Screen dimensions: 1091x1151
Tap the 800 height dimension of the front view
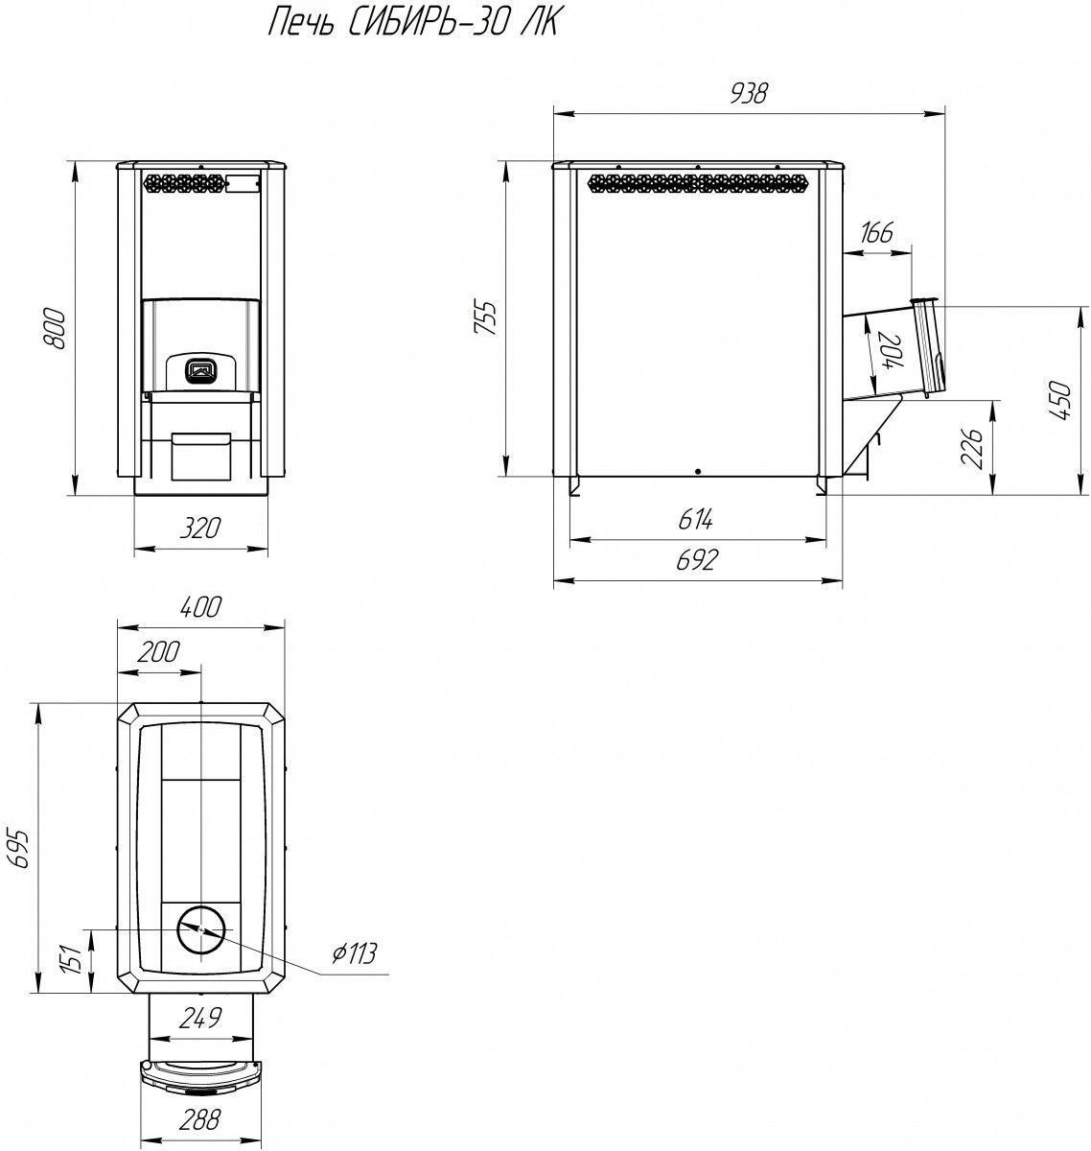(57, 327)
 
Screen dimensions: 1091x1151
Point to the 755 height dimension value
(485, 317)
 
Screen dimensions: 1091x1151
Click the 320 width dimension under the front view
(199, 529)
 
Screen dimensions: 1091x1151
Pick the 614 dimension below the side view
(695, 519)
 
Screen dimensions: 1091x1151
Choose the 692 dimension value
(697, 560)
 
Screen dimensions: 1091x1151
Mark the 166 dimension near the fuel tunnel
(877, 232)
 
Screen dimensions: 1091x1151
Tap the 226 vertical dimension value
(971, 449)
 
